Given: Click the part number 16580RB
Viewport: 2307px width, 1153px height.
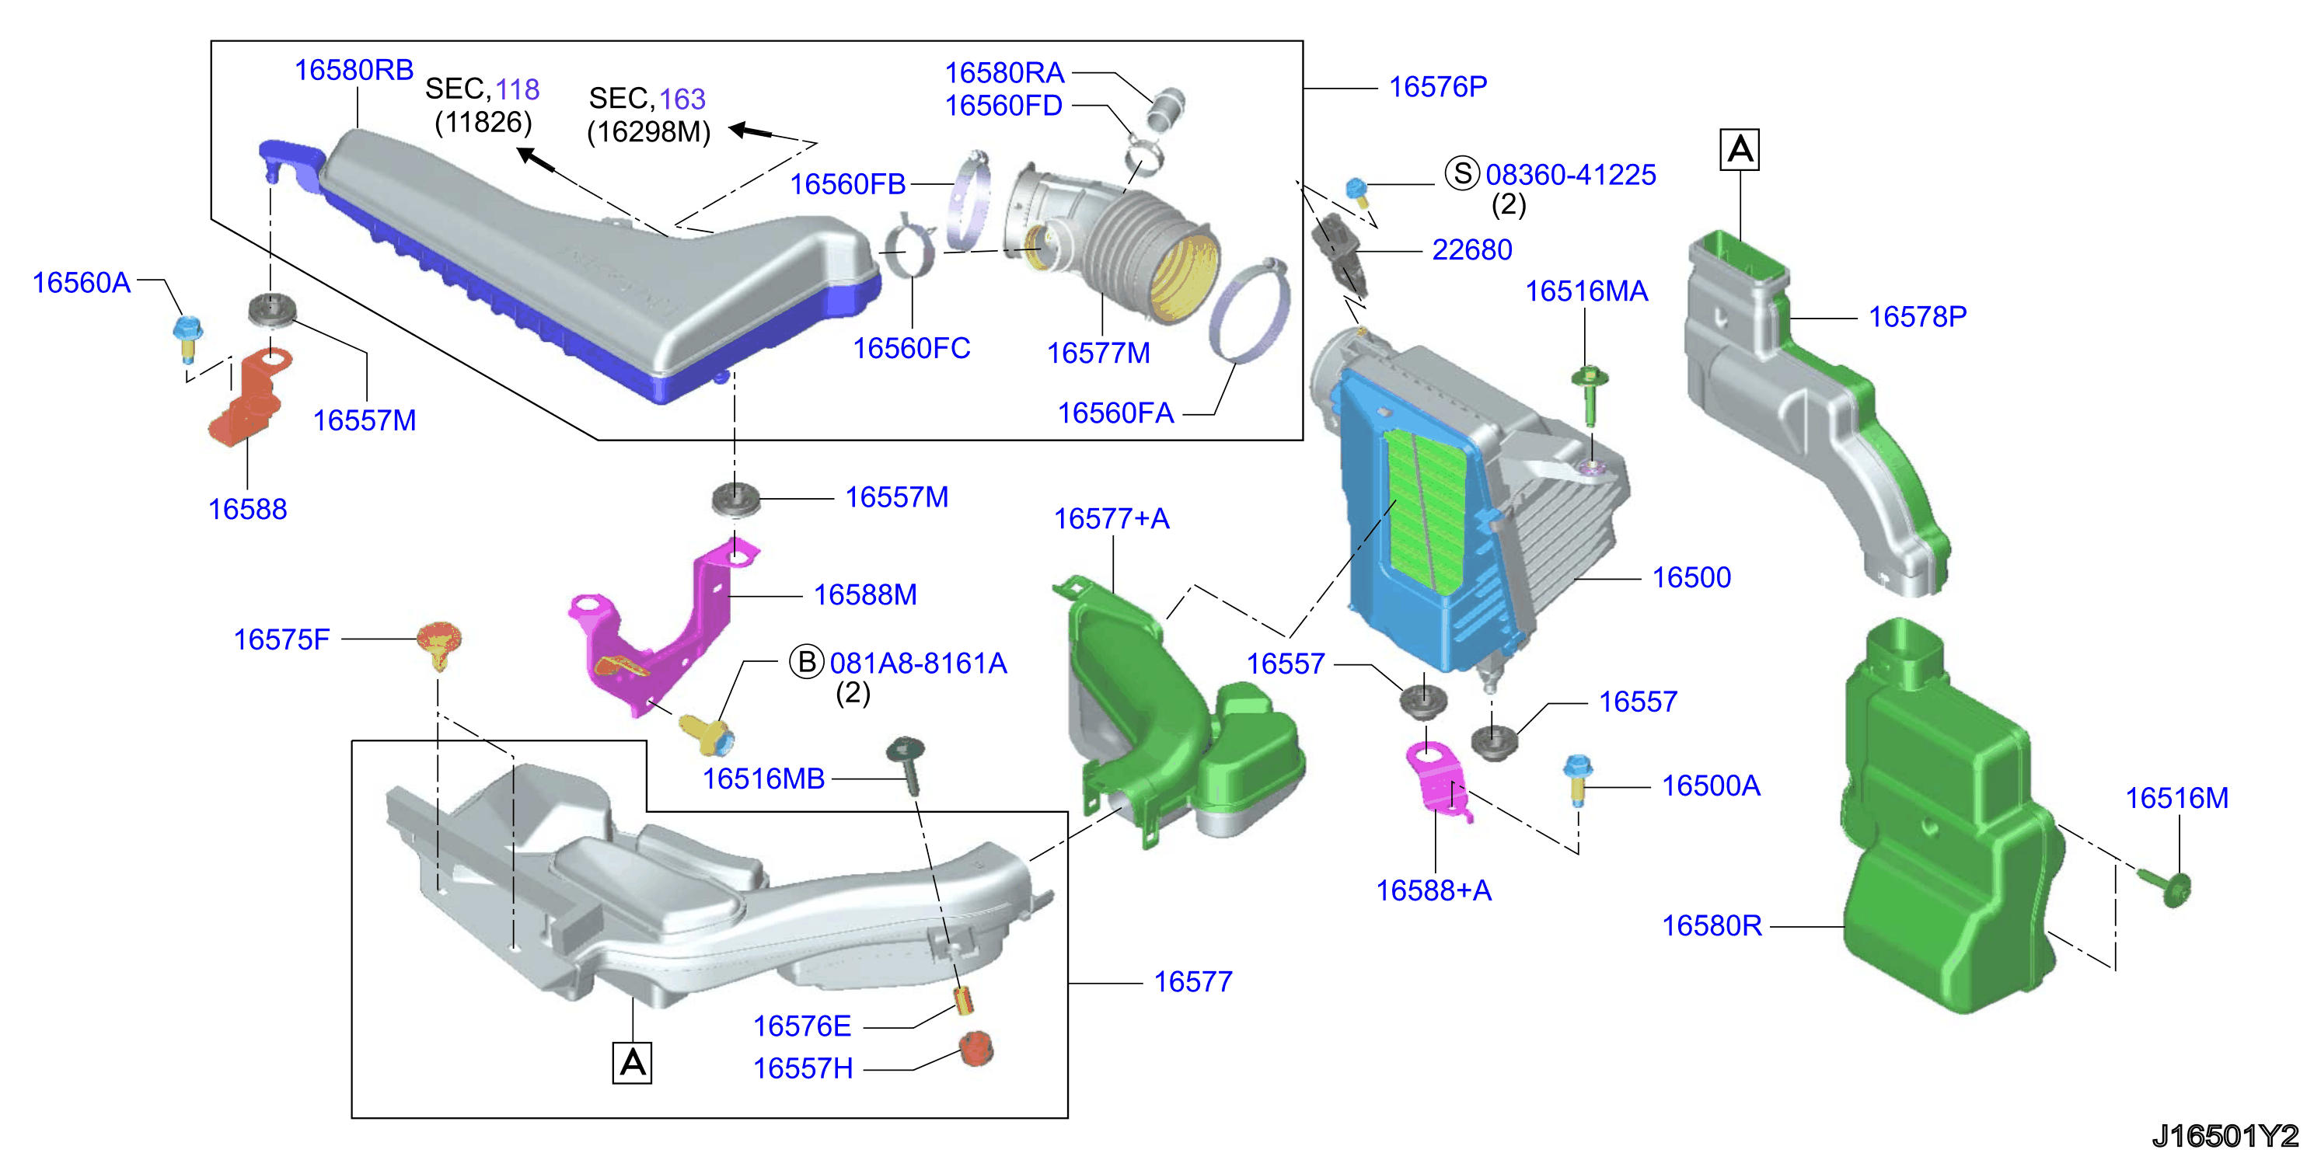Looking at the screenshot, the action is click(x=354, y=70).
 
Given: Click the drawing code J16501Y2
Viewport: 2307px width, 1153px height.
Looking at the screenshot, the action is click(x=2225, y=1135).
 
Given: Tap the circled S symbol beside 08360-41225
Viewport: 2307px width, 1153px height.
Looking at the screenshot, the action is click(x=1463, y=172).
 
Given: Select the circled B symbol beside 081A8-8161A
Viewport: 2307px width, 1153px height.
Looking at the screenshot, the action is click(x=806, y=661).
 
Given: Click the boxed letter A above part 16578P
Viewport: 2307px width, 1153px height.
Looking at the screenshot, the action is click(x=1740, y=148).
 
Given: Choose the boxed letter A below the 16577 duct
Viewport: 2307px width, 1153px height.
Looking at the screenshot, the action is click(x=632, y=1063).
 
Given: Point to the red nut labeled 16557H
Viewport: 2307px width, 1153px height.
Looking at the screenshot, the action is click(x=976, y=1048).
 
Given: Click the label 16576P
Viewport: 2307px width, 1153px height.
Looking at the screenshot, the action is click(x=1438, y=87).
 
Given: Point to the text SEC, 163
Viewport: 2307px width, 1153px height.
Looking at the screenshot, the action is click(x=647, y=99).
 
